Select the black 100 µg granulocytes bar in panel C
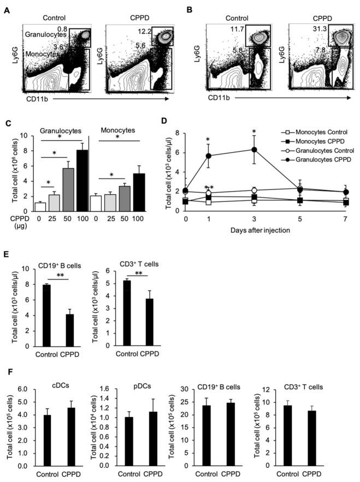point(81,181)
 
